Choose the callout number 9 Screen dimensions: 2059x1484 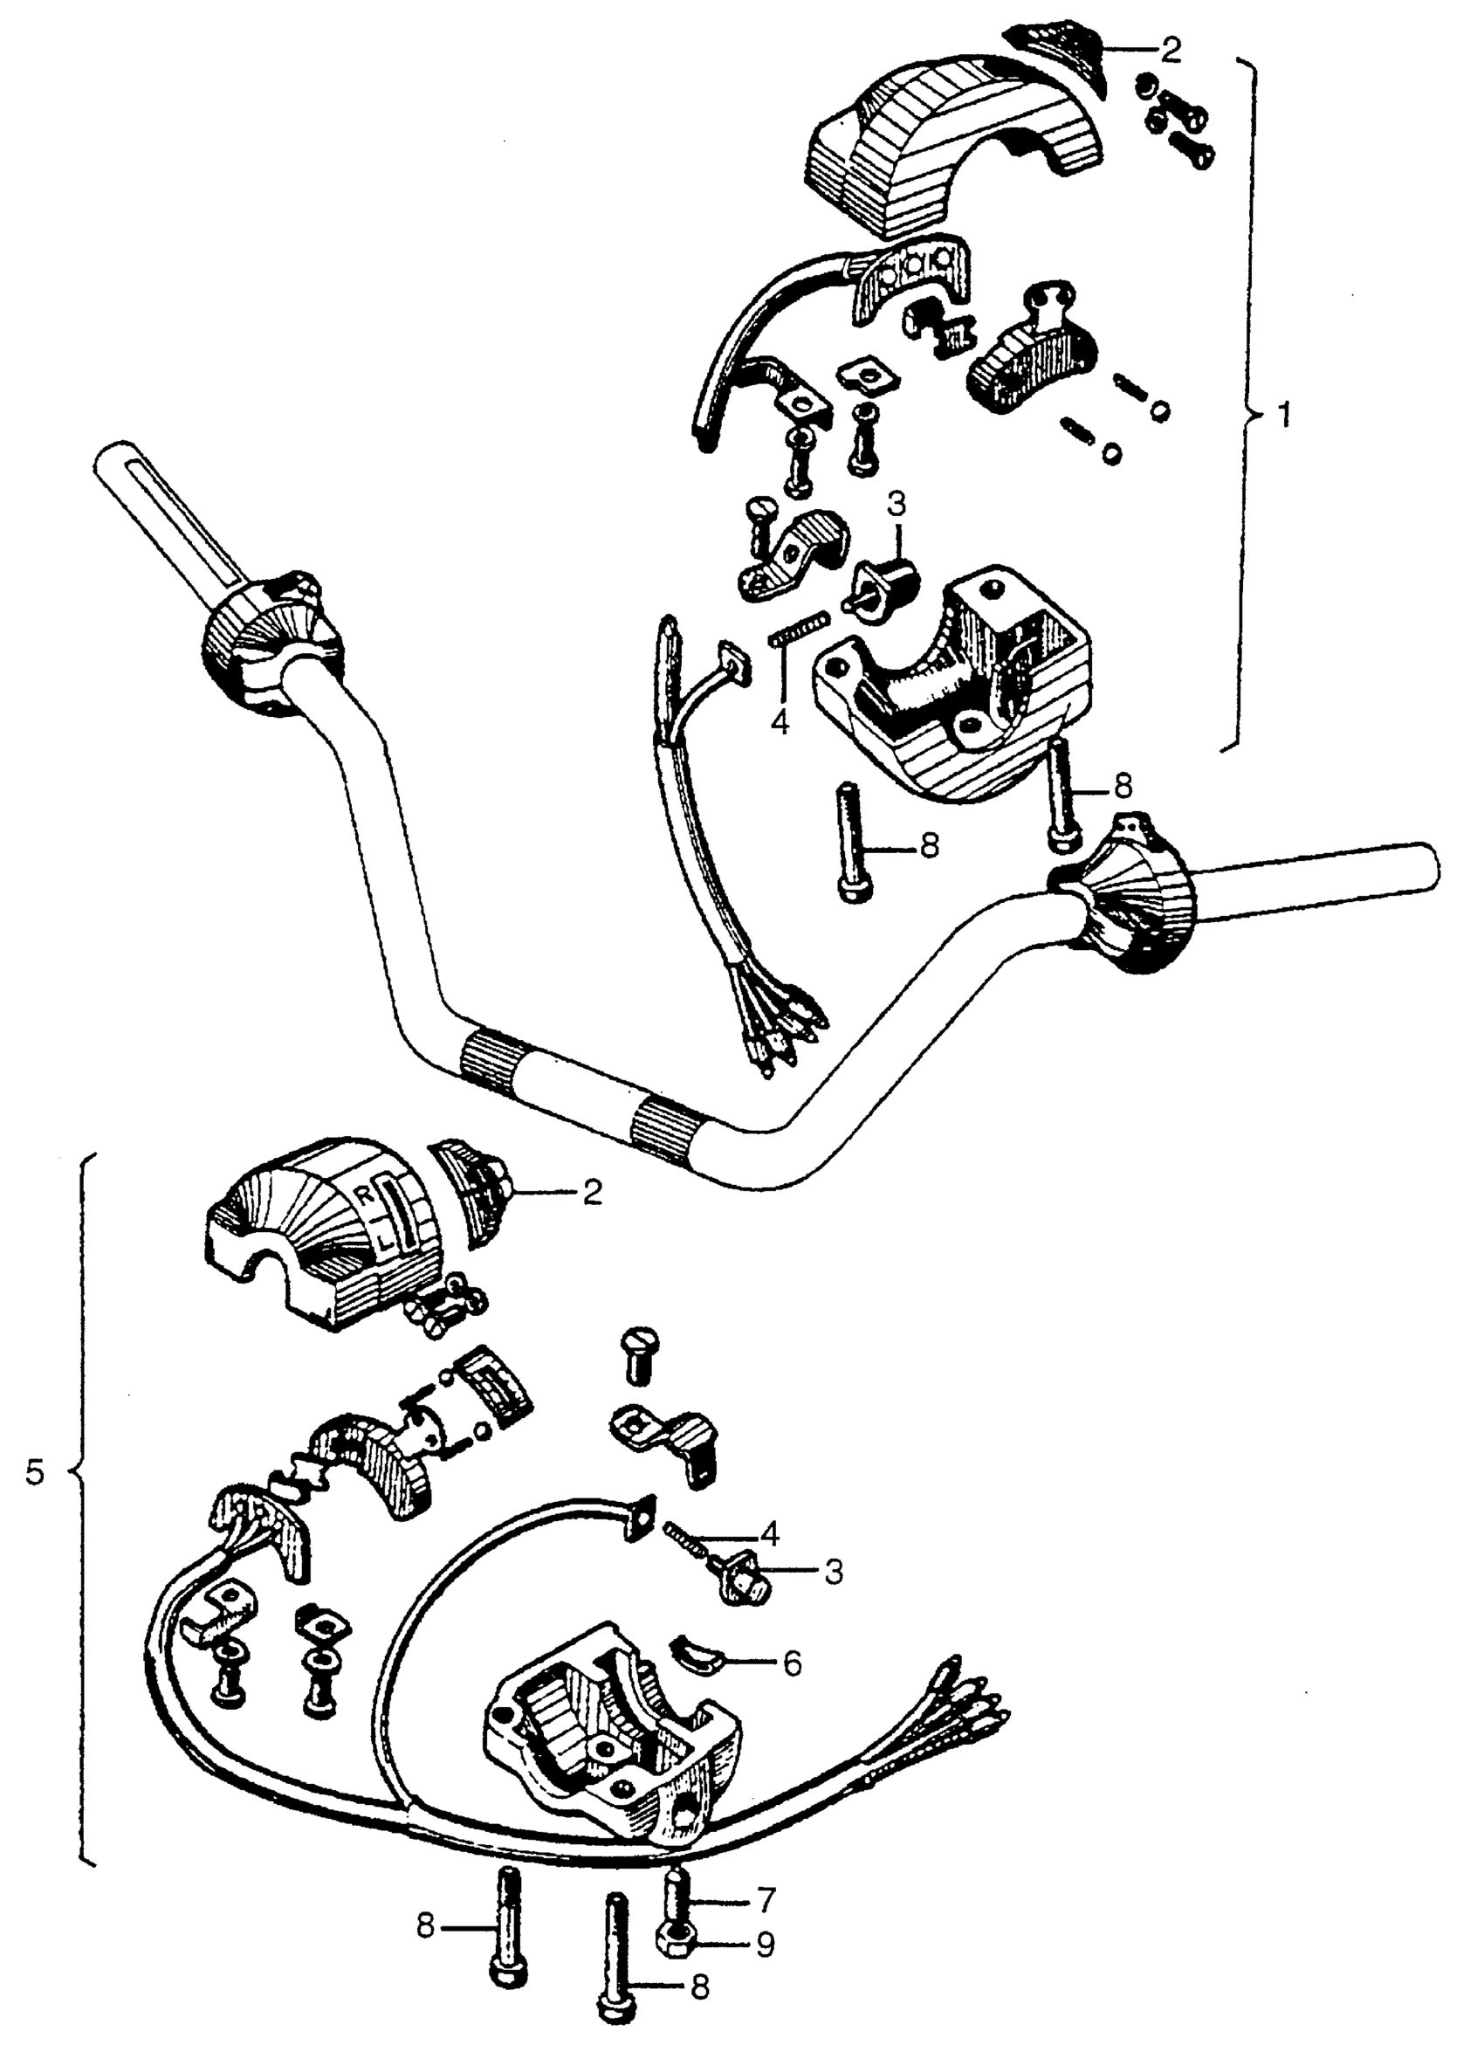[766, 1944]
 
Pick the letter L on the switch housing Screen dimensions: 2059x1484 [386, 1241]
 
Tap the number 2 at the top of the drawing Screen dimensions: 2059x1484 [1171, 52]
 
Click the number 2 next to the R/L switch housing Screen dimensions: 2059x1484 [592, 1192]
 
